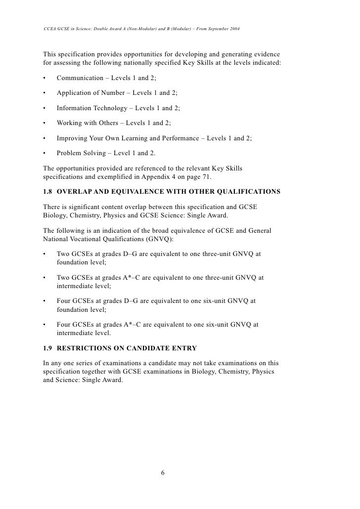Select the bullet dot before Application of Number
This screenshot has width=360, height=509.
coord(45,93)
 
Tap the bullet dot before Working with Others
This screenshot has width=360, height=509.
coord(45,124)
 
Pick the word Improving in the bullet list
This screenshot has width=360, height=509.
coord(72,139)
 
